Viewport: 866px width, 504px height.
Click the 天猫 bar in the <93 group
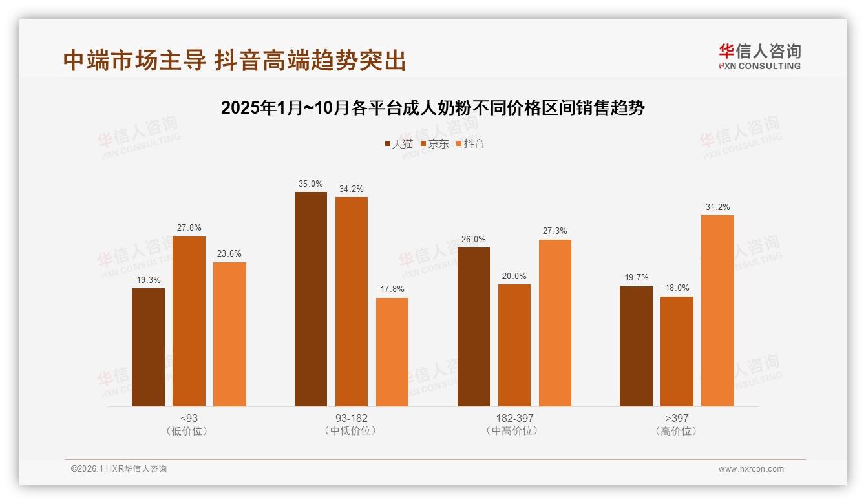tap(148, 347)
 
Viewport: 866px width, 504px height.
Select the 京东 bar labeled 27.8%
tap(189, 321)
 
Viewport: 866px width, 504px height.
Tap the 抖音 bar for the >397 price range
tap(717, 311)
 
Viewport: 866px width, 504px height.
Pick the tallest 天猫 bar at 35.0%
tap(311, 299)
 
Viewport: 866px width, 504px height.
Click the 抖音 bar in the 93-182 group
tap(392, 352)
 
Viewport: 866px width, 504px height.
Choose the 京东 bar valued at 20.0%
tap(514, 345)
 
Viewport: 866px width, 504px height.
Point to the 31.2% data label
tap(717, 207)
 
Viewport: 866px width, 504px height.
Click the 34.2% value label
tap(352, 189)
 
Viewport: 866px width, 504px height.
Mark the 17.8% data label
tap(392, 289)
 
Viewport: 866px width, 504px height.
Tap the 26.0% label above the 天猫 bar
tap(474, 240)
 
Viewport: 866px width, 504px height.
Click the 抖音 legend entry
tap(470, 143)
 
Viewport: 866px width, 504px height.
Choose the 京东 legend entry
tap(434, 143)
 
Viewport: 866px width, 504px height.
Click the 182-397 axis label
tap(514, 418)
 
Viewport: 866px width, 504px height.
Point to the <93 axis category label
tap(189, 418)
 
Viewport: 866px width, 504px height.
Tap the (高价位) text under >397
tap(677, 431)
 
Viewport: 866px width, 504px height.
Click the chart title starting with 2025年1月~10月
tap(433, 107)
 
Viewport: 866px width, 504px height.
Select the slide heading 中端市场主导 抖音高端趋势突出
tap(235, 60)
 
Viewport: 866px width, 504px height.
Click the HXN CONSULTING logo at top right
tap(759, 56)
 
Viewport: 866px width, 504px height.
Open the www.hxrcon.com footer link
tap(751, 469)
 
